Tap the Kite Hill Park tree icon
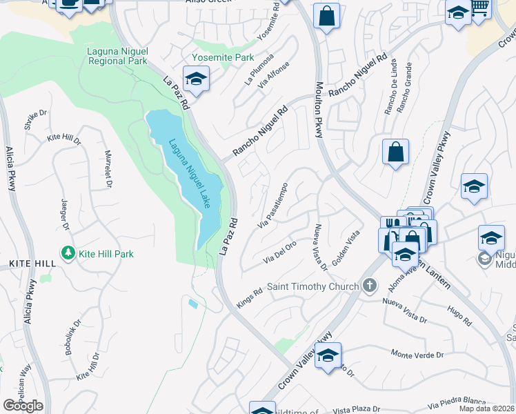point(68,254)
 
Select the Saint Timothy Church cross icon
point(370,286)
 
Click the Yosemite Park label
point(223,58)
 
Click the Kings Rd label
point(250,297)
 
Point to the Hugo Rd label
point(459,317)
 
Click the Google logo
point(23,405)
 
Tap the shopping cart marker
point(480,8)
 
